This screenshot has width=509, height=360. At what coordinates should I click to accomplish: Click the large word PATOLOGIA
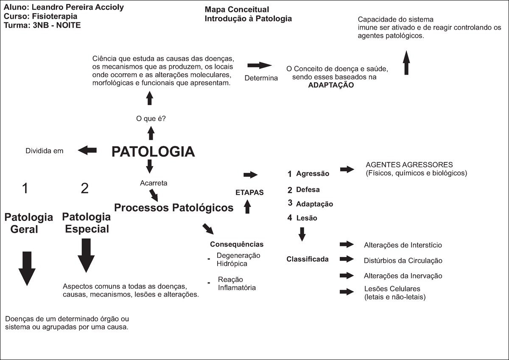pyautogui.click(x=153, y=151)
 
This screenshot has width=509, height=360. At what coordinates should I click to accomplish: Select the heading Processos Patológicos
pyautogui.click(x=174, y=208)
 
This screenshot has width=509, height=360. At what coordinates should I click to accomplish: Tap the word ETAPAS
pyautogui.click(x=249, y=193)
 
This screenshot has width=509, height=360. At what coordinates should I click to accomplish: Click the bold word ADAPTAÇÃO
pyautogui.click(x=331, y=84)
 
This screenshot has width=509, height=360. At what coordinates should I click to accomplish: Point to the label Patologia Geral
pyautogui.click(x=29, y=223)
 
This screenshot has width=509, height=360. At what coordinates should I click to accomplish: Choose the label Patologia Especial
pyautogui.click(x=86, y=223)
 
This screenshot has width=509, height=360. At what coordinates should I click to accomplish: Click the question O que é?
pyautogui.click(x=151, y=119)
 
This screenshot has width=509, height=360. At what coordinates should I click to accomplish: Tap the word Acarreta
pyautogui.click(x=154, y=183)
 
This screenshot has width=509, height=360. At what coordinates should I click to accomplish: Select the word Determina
pyautogui.click(x=261, y=78)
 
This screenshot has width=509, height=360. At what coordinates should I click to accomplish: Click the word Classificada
pyautogui.click(x=308, y=259)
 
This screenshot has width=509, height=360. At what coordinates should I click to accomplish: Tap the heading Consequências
pyautogui.click(x=237, y=244)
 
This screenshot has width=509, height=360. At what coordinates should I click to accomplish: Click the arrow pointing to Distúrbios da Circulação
pyautogui.click(x=347, y=260)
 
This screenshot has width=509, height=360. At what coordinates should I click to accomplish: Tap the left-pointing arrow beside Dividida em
pyautogui.click(x=87, y=150)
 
